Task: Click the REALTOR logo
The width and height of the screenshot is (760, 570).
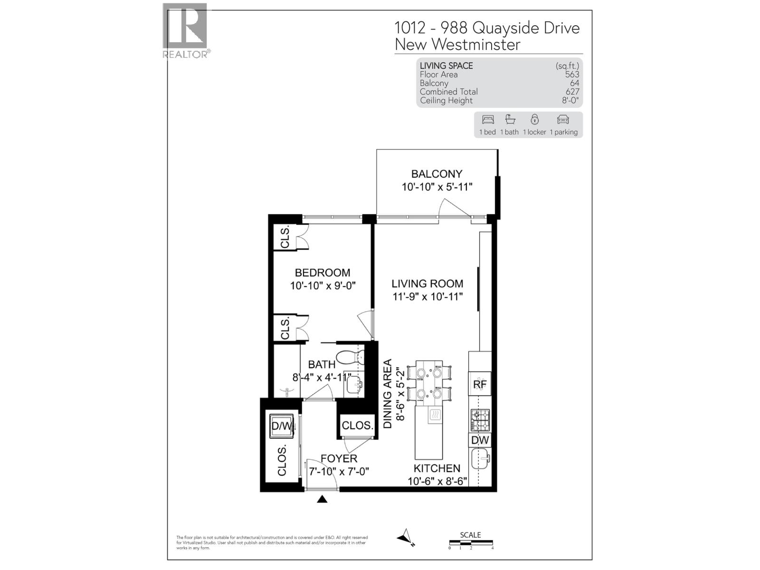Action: point(185,30)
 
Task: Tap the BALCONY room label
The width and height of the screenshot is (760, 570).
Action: point(437,174)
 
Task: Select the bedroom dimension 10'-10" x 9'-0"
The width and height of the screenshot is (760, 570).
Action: point(323,285)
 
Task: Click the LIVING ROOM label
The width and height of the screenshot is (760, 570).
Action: point(427,284)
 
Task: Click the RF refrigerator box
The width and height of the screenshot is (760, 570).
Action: point(480,384)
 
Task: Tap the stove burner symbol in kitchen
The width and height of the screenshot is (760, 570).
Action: point(480,420)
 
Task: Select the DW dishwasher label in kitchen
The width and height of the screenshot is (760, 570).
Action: point(480,440)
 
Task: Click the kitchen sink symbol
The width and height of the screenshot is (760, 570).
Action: point(480,459)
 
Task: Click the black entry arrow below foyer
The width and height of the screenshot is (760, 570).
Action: point(322,499)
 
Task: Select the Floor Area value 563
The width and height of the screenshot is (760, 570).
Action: point(572,75)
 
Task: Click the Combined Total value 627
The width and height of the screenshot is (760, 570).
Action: point(572,92)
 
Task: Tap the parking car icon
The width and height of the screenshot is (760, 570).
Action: point(563,119)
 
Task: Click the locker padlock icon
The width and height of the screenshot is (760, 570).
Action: point(535,119)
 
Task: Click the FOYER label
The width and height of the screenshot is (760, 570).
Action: point(339,458)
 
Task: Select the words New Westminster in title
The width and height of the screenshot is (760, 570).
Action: point(457,45)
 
